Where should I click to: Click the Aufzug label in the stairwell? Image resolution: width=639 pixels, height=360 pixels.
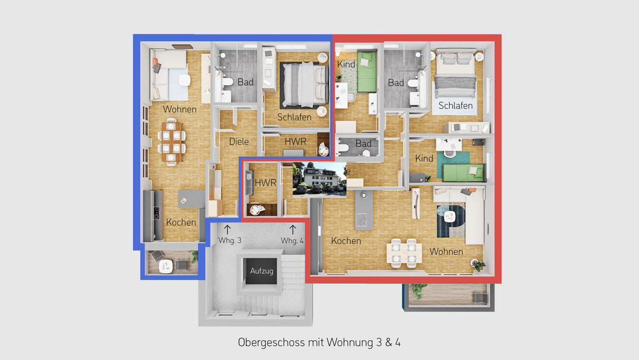point(262,271)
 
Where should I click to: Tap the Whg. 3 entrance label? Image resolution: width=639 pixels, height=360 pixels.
point(230,240)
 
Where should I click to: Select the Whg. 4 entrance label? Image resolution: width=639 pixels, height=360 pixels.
point(292,240)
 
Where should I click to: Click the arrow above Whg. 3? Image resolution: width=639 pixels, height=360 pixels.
point(228,228)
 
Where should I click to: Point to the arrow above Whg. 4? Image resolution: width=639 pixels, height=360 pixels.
point(293,228)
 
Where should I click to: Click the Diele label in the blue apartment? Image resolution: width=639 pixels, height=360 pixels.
point(238,141)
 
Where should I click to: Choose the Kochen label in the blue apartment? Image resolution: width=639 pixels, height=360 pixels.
point(181,223)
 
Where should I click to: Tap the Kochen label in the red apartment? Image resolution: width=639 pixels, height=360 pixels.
point(346,241)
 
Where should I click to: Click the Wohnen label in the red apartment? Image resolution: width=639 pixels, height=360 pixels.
point(446,251)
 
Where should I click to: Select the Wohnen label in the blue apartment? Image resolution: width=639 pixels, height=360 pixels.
point(180,109)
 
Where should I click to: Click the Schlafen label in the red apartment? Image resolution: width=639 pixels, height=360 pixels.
point(456,106)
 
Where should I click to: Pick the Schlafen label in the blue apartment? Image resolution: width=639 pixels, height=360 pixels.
point(295,117)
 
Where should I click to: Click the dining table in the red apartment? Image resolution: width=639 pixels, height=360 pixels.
point(404,251)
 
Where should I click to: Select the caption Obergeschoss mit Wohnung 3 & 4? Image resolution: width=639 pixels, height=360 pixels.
point(319,343)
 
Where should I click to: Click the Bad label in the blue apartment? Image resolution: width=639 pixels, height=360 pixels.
point(245,82)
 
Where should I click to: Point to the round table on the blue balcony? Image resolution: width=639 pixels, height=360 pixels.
point(167,263)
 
